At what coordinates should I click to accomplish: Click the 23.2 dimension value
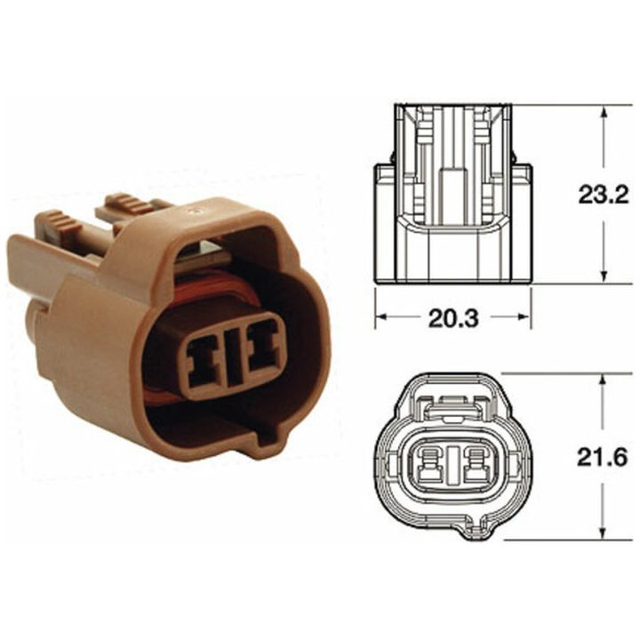[x=603, y=196]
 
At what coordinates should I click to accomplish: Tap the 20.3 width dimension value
[x=453, y=318]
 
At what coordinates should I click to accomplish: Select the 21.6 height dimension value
[x=602, y=459]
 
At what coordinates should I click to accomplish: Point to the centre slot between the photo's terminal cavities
[x=233, y=356]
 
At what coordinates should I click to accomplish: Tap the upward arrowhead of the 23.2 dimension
[x=605, y=114]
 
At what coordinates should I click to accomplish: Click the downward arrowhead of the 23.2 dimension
[x=605, y=274]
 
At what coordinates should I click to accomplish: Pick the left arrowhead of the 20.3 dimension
[x=381, y=317]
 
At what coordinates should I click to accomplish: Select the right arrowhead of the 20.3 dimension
[x=524, y=317]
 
